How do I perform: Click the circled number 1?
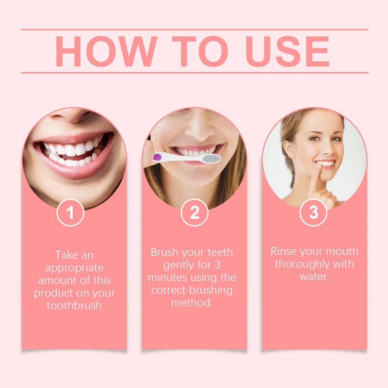pyautogui.click(x=70, y=212)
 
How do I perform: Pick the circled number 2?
pyautogui.click(x=194, y=212)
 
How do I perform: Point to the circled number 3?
pyautogui.click(x=314, y=212)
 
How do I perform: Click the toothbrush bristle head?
pyautogui.click(x=210, y=159)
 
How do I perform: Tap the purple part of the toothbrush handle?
pyautogui.click(x=157, y=157)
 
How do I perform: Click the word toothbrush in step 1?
pyautogui.click(x=74, y=306)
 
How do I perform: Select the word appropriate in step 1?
pyautogui.click(x=74, y=268)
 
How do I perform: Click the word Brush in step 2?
pyautogui.click(x=164, y=252)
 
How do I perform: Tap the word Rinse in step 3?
pyautogui.click(x=284, y=251)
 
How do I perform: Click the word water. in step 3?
pyautogui.click(x=314, y=276)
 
